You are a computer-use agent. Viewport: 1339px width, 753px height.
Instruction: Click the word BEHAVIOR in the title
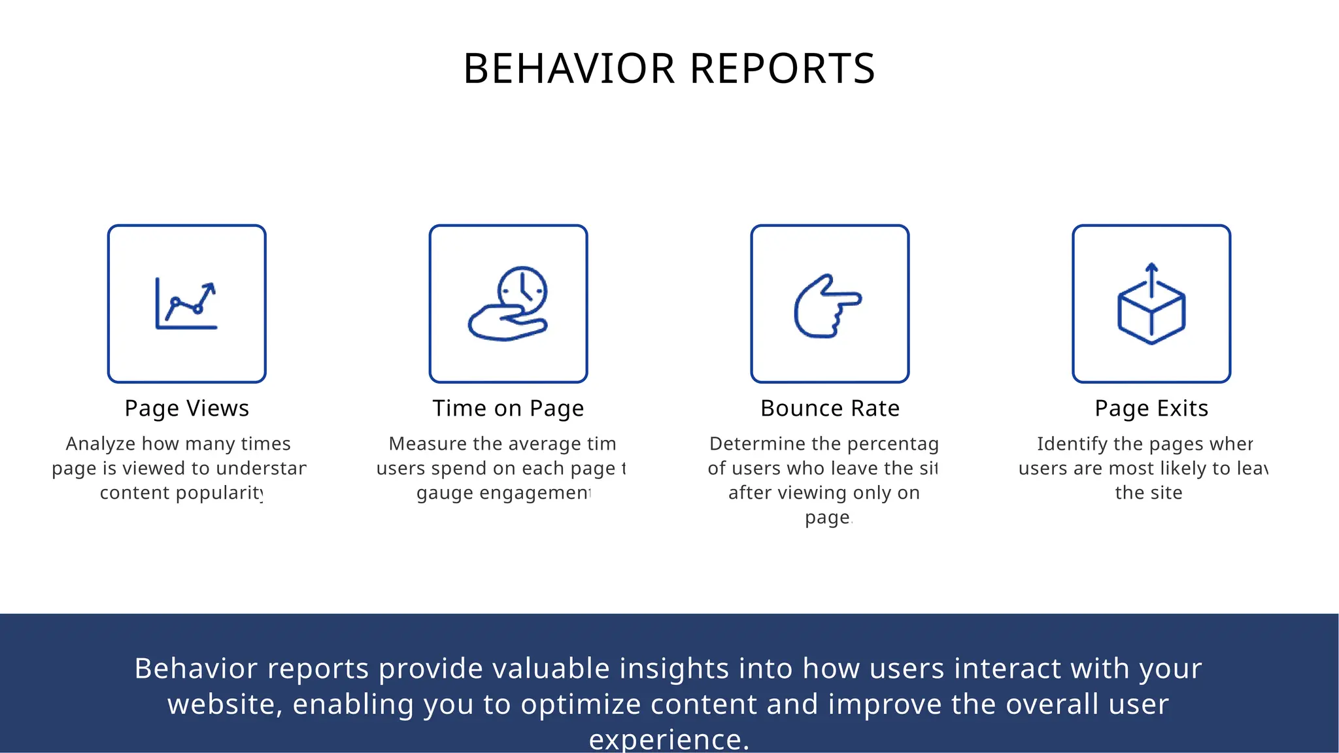pos(568,69)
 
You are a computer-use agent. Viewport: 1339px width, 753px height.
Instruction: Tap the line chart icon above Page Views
pos(186,305)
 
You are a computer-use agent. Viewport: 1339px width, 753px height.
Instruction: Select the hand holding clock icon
pos(508,305)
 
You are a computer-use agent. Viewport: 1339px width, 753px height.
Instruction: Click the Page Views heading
pos(186,409)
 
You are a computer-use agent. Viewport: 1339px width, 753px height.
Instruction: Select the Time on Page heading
pos(508,409)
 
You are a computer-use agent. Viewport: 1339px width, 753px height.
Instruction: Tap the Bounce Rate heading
pos(830,409)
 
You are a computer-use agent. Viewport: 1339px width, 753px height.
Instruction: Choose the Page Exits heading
pos(1151,409)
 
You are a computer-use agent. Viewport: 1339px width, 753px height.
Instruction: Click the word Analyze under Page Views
pos(101,444)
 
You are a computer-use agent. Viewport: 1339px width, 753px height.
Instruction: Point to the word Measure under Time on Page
pos(428,444)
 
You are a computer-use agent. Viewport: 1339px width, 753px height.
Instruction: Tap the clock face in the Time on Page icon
pos(522,290)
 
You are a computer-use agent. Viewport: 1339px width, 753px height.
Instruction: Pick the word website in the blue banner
pos(224,705)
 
